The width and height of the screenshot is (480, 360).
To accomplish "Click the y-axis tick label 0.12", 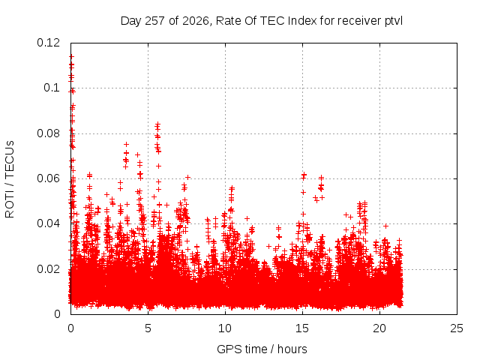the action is click(48, 43).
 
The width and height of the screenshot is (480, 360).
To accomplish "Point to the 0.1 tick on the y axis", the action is click(52, 88).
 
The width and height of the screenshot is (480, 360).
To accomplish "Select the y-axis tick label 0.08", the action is click(48, 133).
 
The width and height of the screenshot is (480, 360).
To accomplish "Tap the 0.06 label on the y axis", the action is click(48, 178).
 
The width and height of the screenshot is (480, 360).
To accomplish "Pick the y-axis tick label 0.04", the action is click(48, 223).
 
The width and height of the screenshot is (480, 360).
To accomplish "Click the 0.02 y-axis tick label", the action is click(48, 269).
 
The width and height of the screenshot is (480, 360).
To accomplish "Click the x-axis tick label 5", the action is click(148, 328).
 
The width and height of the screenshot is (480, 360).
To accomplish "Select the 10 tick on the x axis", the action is click(225, 328).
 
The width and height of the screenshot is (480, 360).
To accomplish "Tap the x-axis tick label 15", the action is click(302, 328).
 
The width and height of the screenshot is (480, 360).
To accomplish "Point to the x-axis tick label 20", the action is click(379, 328).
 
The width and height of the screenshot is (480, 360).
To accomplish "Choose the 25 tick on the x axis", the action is click(457, 328).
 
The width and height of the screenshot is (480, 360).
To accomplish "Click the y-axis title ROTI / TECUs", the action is click(10, 179).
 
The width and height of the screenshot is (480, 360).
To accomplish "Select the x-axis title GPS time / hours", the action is click(262, 349).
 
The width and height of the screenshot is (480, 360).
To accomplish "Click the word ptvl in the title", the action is click(393, 21).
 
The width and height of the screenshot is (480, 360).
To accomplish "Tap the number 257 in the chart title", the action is click(155, 21).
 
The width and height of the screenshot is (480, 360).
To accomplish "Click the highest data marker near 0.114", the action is click(72, 57).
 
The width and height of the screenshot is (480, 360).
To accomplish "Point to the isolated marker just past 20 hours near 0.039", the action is click(386, 226).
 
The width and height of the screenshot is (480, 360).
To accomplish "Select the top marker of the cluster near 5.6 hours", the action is click(158, 124).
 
